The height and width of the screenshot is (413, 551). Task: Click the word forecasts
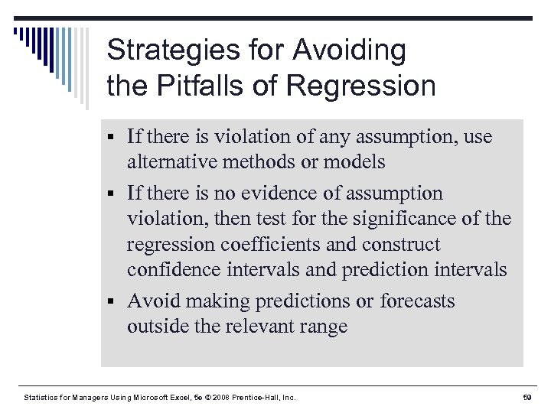click(418, 301)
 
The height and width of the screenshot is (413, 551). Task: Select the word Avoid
click(152, 301)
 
